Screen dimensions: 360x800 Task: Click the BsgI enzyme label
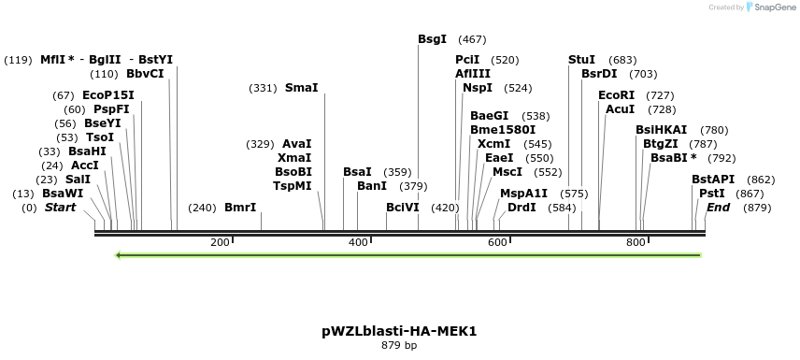click(432, 39)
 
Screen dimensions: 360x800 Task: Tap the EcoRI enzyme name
click(616, 94)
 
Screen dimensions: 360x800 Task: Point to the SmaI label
click(301, 88)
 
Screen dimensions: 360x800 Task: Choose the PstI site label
click(712, 193)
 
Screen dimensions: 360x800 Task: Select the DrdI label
click(521, 207)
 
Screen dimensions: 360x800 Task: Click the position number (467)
click(473, 39)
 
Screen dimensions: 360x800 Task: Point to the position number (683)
click(622, 59)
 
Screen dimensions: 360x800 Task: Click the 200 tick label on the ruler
click(220, 242)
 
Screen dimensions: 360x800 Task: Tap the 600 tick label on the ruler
click(497, 242)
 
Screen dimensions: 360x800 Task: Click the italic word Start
click(61, 207)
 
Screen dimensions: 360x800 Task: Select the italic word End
click(718, 207)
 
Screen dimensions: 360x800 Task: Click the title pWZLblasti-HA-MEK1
click(399, 330)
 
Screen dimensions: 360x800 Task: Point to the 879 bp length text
click(399, 345)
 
